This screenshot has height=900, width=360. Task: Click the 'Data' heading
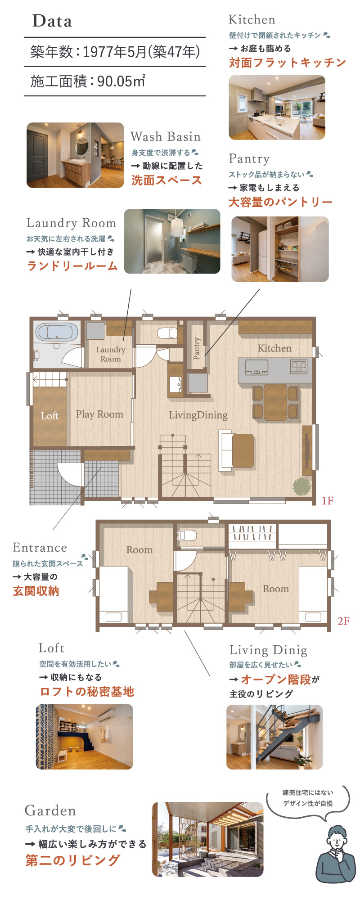tap(52, 21)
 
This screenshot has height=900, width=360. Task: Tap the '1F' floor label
tap(327, 500)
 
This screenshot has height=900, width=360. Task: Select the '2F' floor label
tap(343, 621)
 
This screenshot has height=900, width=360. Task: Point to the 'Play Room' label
tap(99, 414)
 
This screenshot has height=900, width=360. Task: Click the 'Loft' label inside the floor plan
tap(49, 416)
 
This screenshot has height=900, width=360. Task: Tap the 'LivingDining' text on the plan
tap(198, 415)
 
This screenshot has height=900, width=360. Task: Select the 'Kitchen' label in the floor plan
tap(274, 348)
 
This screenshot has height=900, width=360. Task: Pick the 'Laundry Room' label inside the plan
tap(110, 354)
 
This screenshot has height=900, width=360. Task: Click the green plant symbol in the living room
tap(302, 486)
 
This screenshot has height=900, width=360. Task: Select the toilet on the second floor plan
tap(187, 535)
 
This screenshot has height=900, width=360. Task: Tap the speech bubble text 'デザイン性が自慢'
tap(308, 803)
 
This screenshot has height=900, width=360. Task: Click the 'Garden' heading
tap(50, 810)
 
